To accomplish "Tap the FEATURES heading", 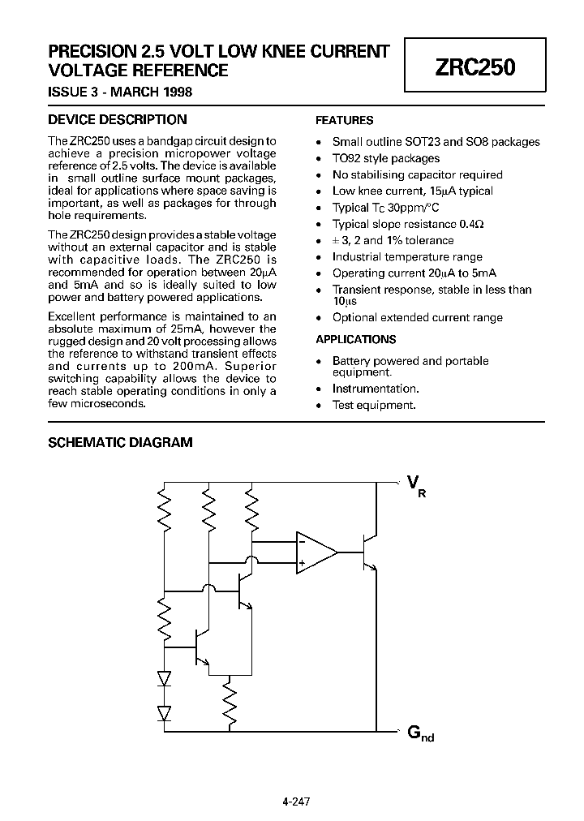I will tap(344, 120).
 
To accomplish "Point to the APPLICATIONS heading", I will tap(355, 340).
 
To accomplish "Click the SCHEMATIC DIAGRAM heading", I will tap(121, 443).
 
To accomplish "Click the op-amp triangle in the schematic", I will tap(315, 552).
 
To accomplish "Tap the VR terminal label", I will tap(414, 486).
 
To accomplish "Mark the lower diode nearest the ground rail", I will tap(165, 712).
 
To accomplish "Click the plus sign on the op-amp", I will tap(302, 563).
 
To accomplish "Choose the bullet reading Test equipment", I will tap(374, 405).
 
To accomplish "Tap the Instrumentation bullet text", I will tap(376, 389).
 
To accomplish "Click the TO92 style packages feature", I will tap(386, 158).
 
